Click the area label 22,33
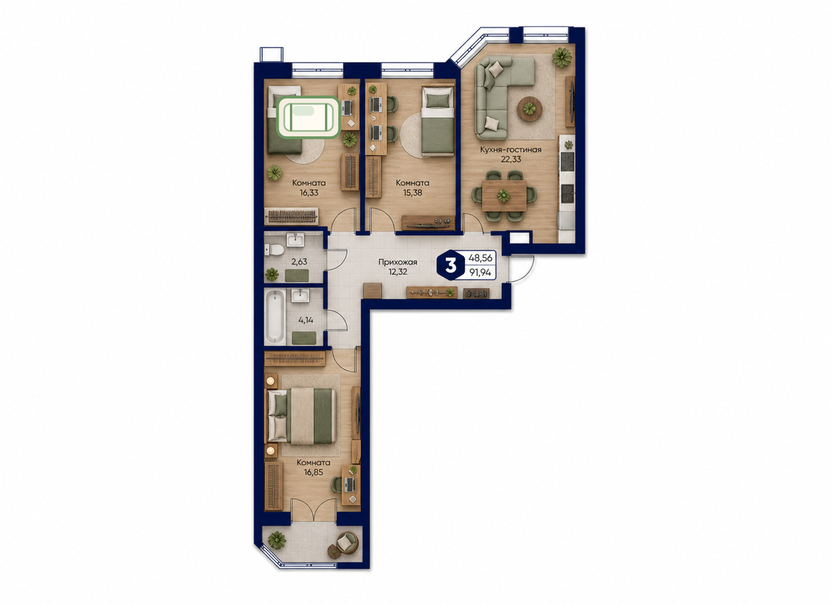[x=511, y=159]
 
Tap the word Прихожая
[x=398, y=262]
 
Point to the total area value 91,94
[x=480, y=273]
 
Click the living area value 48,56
[x=481, y=258]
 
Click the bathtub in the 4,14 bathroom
[x=275, y=317]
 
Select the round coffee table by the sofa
[x=530, y=109]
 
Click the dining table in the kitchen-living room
[x=504, y=196]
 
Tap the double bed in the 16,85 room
[x=302, y=416]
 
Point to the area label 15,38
[x=413, y=193]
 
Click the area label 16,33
[x=309, y=193]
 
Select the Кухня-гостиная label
[x=510, y=150]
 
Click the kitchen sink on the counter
[x=567, y=192]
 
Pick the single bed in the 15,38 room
[x=438, y=119]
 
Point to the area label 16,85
[x=314, y=473]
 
